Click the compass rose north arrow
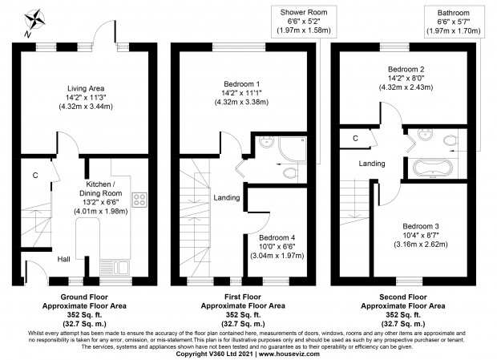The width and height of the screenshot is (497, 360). (x=34, y=20)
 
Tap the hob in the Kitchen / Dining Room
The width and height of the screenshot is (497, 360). (x=139, y=200)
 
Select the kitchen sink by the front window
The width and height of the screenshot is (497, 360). (x=115, y=268)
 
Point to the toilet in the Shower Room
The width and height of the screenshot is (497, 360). (x=290, y=173)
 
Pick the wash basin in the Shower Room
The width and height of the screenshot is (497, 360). (x=267, y=142)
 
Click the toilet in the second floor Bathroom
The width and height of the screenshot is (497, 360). (x=451, y=140)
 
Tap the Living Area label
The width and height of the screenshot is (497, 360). (x=86, y=88)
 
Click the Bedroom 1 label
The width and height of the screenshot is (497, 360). (x=241, y=84)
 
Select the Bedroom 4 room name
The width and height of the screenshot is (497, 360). (x=277, y=237)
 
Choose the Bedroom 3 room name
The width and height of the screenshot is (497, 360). (x=421, y=226)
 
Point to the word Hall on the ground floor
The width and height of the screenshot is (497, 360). (x=63, y=259)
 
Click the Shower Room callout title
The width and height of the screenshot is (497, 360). (x=304, y=12)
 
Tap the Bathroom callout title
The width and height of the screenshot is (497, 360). (x=453, y=13)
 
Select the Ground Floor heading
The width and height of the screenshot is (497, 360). (x=84, y=297)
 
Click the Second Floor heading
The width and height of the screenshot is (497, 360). (x=403, y=297)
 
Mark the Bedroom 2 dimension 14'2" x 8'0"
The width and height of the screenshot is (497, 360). (x=406, y=78)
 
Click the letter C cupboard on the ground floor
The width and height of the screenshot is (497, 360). (x=35, y=176)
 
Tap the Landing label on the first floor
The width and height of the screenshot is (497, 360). (x=226, y=198)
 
